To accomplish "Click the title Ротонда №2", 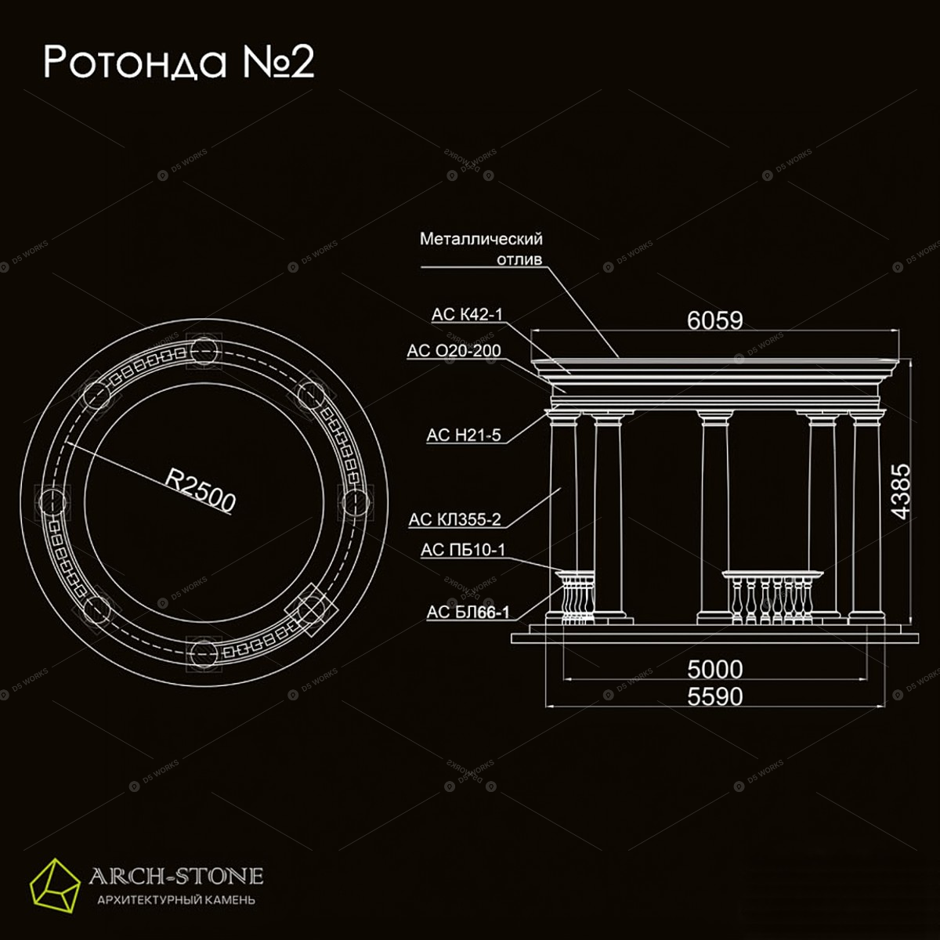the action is click(x=179, y=63).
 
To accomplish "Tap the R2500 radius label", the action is click(x=200, y=490).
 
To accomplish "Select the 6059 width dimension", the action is click(x=714, y=320).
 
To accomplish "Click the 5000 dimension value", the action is click(x=714, y=669).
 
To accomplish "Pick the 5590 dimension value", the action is click(x=714, y=696).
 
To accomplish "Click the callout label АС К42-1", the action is click(x=467, y=315).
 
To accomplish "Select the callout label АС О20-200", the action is click(x=454, y=350).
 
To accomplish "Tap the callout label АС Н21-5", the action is click(x=464, y=435).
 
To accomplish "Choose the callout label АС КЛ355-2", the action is click(x=454, y=519).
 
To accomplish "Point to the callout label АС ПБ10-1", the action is click(x=462, y=550).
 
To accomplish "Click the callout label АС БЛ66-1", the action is click(x=468, y=612).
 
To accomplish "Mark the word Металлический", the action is click(x=481, y=239).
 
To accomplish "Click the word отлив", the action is click(x=519, y=259).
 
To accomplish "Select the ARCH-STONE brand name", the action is click(x=176, y=876).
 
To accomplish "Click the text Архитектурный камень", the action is click(x=176, y=899).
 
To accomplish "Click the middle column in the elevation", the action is click(x=714, y=517).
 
